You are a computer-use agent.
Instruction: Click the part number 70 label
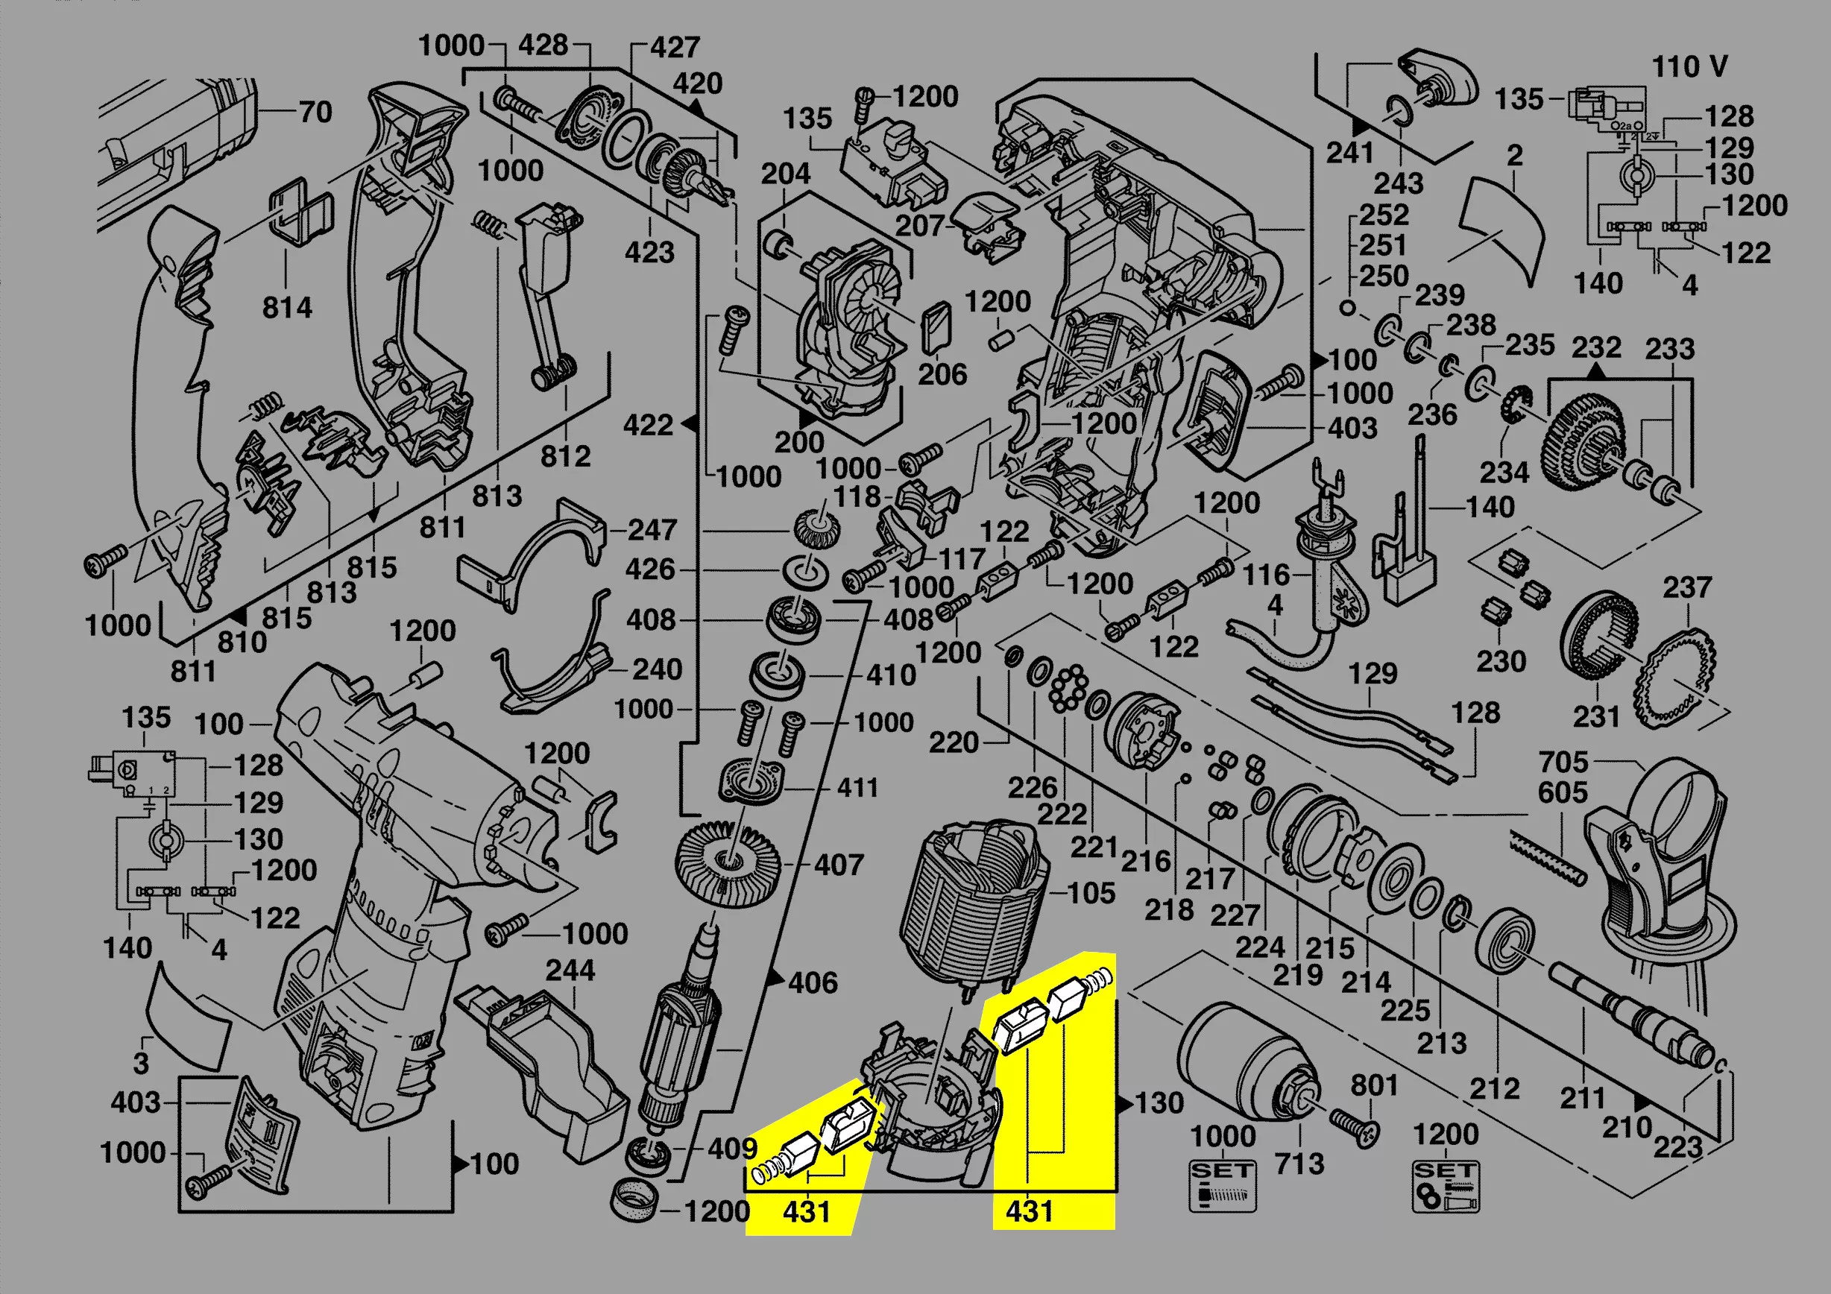(x=315, y=113)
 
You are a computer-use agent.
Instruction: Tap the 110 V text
(x=1689, y=67)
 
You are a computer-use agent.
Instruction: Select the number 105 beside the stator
(x=1090, y=893)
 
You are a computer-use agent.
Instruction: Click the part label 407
(x=838, y=865)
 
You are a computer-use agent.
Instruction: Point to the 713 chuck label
(x=1299, y=1164)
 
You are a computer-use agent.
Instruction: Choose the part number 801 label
(x=1373, y=1085)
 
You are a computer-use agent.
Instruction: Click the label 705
(x=1563, y=763)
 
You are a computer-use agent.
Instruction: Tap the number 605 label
(x=1563, y=792)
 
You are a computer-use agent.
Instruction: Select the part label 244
(x=570, y=970)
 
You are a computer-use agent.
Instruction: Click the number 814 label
(x=287, y=308)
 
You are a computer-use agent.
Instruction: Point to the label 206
(x=942, y=375)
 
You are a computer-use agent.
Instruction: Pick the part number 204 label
(x=785, y=174)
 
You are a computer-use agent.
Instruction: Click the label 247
(x=652, y=530)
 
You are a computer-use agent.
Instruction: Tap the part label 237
(x=1686, y=588)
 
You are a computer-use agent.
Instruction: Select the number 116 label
(x=1266, y=575)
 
